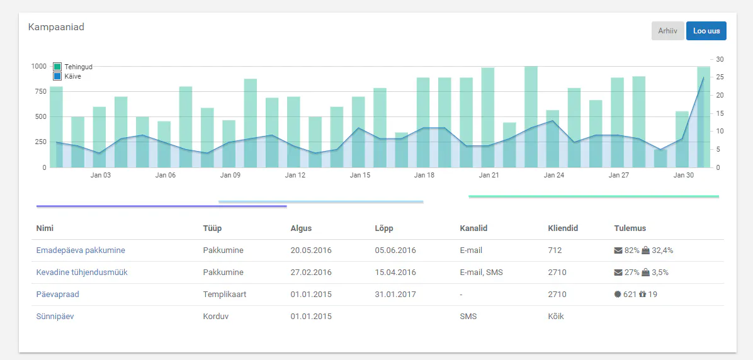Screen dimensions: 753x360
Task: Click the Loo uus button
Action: click(706, 31)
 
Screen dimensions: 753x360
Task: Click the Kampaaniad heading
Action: click(56, 27)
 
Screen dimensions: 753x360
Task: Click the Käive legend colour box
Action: click(57, 76)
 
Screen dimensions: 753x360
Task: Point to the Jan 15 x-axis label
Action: click(360, 175)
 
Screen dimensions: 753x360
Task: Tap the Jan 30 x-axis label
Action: click(683, 175)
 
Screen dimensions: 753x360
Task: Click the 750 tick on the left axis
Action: click(40, 91)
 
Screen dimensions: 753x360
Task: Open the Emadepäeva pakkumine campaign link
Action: click(81, 250)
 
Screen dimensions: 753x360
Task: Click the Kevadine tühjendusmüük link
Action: click(82, 272)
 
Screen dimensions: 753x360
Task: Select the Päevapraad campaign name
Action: click(58, 295)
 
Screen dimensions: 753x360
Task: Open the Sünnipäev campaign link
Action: click(55, 317)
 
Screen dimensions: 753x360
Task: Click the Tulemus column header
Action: click(630, 228)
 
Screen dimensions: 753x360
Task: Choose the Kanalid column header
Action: click(473, 228)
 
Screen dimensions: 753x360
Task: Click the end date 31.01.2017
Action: click(395, 295)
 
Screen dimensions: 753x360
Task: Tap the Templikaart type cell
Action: click(225, 295)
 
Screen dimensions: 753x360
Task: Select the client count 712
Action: click(555, 250)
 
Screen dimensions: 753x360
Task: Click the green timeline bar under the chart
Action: click(594, 196)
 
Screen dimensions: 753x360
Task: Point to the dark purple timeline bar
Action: click(162, 206)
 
